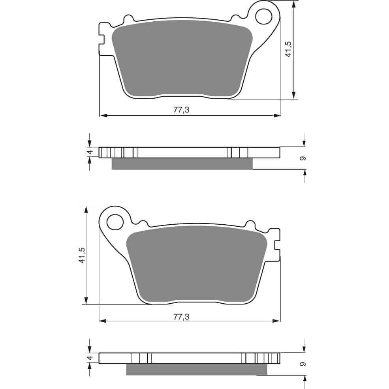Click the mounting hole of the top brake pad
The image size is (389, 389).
[263, 16]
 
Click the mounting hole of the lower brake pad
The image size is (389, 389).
[115, 222]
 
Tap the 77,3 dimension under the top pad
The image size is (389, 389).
[181, 110]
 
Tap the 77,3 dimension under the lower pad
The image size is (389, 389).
[181, 316]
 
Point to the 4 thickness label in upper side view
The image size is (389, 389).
[90, 152]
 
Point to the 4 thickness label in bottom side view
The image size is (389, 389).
[90, 358]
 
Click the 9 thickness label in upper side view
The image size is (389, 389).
[303, 158]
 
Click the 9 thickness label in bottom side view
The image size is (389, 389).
[303, 363]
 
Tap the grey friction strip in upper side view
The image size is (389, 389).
[182, 164]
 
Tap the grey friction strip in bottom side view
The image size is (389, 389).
[196, 370]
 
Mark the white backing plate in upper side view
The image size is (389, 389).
[182, 152]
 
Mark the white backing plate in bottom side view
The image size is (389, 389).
[196, 358]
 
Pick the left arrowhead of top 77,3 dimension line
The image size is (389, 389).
[103, 116]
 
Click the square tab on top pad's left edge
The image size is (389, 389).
[101, 39]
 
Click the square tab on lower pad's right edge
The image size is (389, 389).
[278, 244]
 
